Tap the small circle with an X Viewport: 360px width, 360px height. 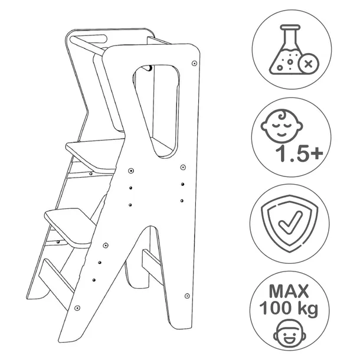coord(308,64)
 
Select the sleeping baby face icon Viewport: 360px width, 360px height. coord(282,123)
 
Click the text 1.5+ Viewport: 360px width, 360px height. coord(299,153)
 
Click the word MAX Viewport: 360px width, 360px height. coord(289,291)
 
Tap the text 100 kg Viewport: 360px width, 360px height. coord(289,308)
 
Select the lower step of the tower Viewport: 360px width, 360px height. coord(70,227)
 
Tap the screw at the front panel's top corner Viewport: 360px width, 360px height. coord(195,63)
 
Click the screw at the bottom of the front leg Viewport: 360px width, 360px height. coord(77,307)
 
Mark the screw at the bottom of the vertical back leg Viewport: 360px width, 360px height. coord(187,296)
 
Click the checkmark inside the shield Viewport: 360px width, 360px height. coord(290,222)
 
